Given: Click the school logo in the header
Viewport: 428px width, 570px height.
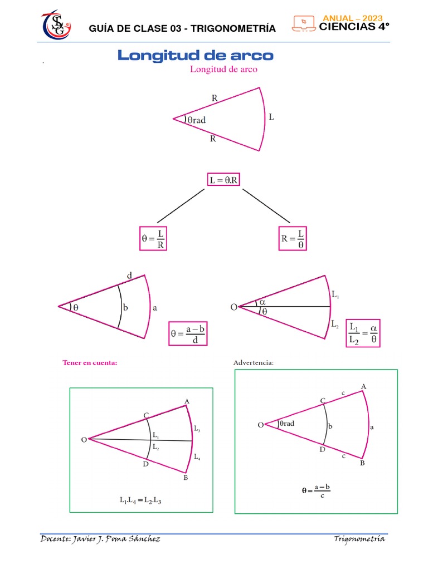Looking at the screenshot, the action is pos(56,24).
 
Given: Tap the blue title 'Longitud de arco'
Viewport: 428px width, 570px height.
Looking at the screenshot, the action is pos(196,55).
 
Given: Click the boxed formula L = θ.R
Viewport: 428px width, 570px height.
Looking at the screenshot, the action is pos(223,180).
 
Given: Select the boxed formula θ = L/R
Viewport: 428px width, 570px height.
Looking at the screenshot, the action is pos(153,238).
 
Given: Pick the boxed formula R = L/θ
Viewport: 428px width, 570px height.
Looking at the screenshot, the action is pos(293,238).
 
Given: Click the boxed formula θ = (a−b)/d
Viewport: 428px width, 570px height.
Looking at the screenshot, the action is pos(188,333).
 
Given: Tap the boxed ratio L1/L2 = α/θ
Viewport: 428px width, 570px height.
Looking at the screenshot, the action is pos(363,333).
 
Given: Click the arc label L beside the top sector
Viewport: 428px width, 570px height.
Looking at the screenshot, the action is pos(271,117).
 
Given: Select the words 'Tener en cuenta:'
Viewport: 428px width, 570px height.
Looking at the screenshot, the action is pos(90,362).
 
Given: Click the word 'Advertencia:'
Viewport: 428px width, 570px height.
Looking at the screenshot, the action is pos(254,362).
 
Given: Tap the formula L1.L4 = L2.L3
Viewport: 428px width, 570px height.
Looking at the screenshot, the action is pos(140,500).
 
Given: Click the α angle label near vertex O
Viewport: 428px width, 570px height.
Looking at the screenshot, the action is pos(262,302).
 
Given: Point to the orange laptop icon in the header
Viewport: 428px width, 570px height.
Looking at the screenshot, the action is pos(304,23).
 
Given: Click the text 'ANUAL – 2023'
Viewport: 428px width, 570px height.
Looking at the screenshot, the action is pos(353,18).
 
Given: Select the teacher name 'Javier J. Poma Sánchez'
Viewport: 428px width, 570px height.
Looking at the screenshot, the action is pos(116,539).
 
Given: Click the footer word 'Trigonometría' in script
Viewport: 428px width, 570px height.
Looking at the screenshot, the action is pos(359,539).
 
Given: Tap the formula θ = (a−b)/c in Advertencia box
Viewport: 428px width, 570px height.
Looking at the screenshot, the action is pos(316,491).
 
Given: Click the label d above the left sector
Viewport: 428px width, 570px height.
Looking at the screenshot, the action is pos(129,276).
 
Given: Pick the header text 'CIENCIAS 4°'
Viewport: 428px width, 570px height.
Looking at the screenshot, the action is pos(354,27).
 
